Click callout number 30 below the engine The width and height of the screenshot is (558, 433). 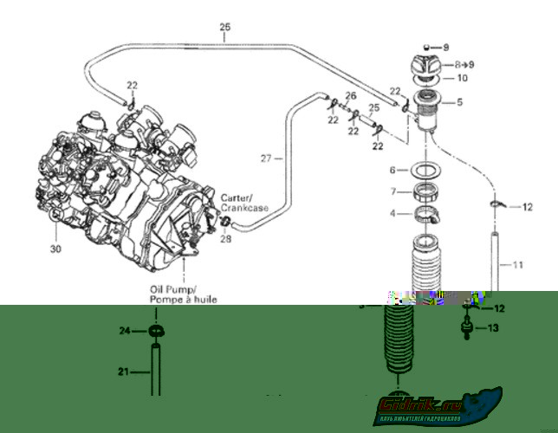coord(56,249)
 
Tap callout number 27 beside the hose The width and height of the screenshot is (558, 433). coord(267,158)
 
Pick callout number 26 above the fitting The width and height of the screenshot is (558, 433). coord(351,96)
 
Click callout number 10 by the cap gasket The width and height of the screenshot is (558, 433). coord(462,78)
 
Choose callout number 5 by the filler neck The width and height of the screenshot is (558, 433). coord(459,102)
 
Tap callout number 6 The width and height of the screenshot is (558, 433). coord(393,170)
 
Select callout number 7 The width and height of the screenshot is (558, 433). coord(393,191)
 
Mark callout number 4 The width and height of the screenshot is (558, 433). coord(393,213)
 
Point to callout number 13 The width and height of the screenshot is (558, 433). coord(493,328)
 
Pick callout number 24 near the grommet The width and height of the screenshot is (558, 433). coord(125,331)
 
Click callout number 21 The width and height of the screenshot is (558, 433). coord(124,373)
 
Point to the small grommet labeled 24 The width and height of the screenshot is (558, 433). coord(156,331)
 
